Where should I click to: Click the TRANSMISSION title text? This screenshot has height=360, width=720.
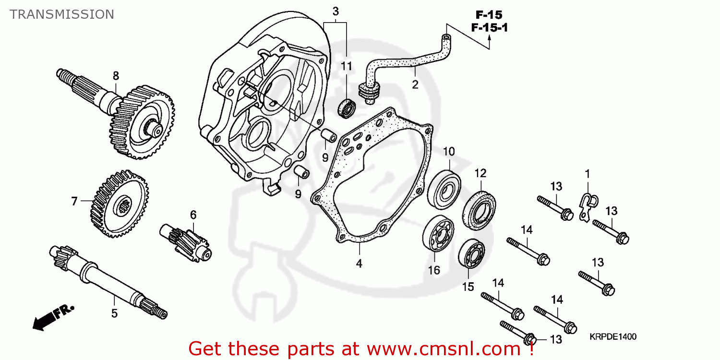62,14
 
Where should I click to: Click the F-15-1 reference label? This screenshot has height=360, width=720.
489,28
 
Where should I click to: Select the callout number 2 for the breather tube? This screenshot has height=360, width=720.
415,85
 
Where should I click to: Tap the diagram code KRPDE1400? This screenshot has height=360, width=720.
613,337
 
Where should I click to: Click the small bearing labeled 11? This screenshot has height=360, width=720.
347,108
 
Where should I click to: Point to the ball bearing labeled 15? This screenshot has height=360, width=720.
472,253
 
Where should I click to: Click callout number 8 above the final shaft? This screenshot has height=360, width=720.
116,75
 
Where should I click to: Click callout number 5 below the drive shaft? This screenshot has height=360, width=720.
114,313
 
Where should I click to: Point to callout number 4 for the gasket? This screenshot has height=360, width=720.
359,263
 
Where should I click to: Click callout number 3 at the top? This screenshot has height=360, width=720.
336,11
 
